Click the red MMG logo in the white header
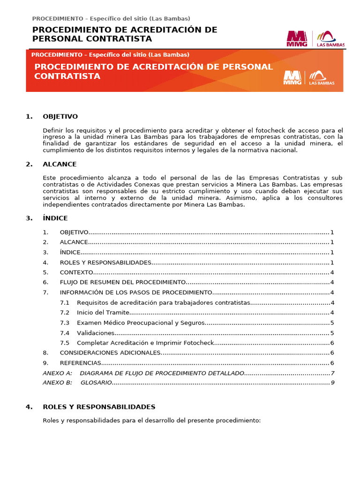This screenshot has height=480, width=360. click(297, 38)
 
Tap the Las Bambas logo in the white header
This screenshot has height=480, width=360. click(330, 39)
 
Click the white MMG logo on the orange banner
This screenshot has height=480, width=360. click(292, 78)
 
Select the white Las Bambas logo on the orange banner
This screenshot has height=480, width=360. click(322, 78)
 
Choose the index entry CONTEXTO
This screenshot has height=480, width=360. click(76, 272)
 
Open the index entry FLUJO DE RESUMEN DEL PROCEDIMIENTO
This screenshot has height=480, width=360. click(123, 282)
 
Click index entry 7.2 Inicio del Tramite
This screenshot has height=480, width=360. click(103, 313)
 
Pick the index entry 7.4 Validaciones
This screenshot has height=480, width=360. click(95, 333)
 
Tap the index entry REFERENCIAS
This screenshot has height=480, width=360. click(80, 363)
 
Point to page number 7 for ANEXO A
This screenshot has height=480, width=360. click(332, 373)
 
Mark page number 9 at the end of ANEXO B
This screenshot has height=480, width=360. click(332, 382)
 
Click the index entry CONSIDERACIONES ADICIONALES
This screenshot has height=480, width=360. click(110, 352)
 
